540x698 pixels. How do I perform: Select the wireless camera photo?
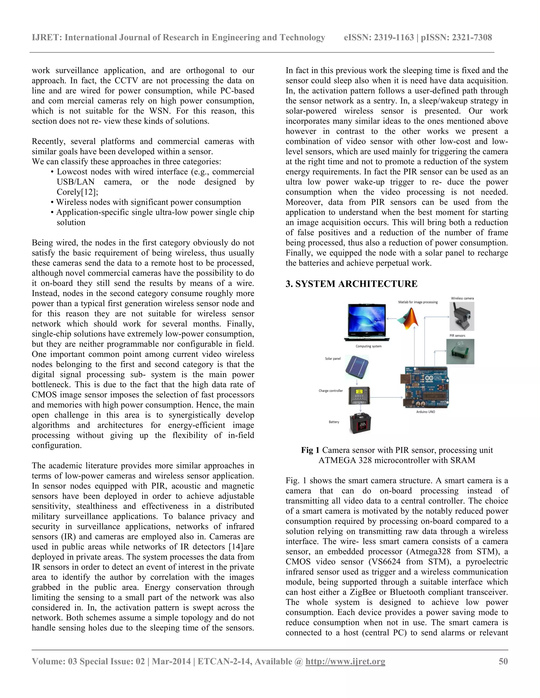pos(462,316)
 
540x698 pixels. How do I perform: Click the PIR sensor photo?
pos(460,352)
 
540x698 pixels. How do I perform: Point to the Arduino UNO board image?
pos(425,387)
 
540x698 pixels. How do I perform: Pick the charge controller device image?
pos(359,396)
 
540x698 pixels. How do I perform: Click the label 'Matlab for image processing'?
pos(418,302)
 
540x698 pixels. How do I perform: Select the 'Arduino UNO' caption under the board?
pos(426,412)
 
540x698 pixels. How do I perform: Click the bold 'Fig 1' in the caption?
pos(310,450)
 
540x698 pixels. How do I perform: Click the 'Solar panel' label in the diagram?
pos(333,358)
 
